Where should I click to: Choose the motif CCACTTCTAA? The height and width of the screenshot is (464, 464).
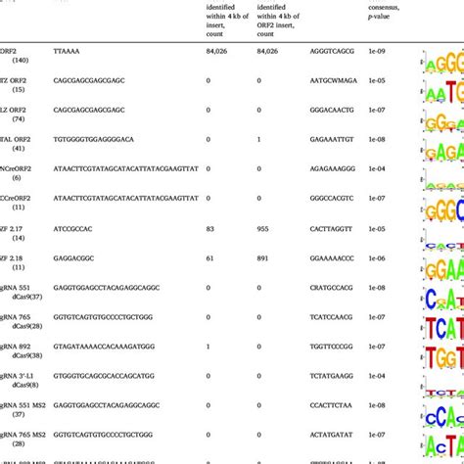(331, 402)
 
